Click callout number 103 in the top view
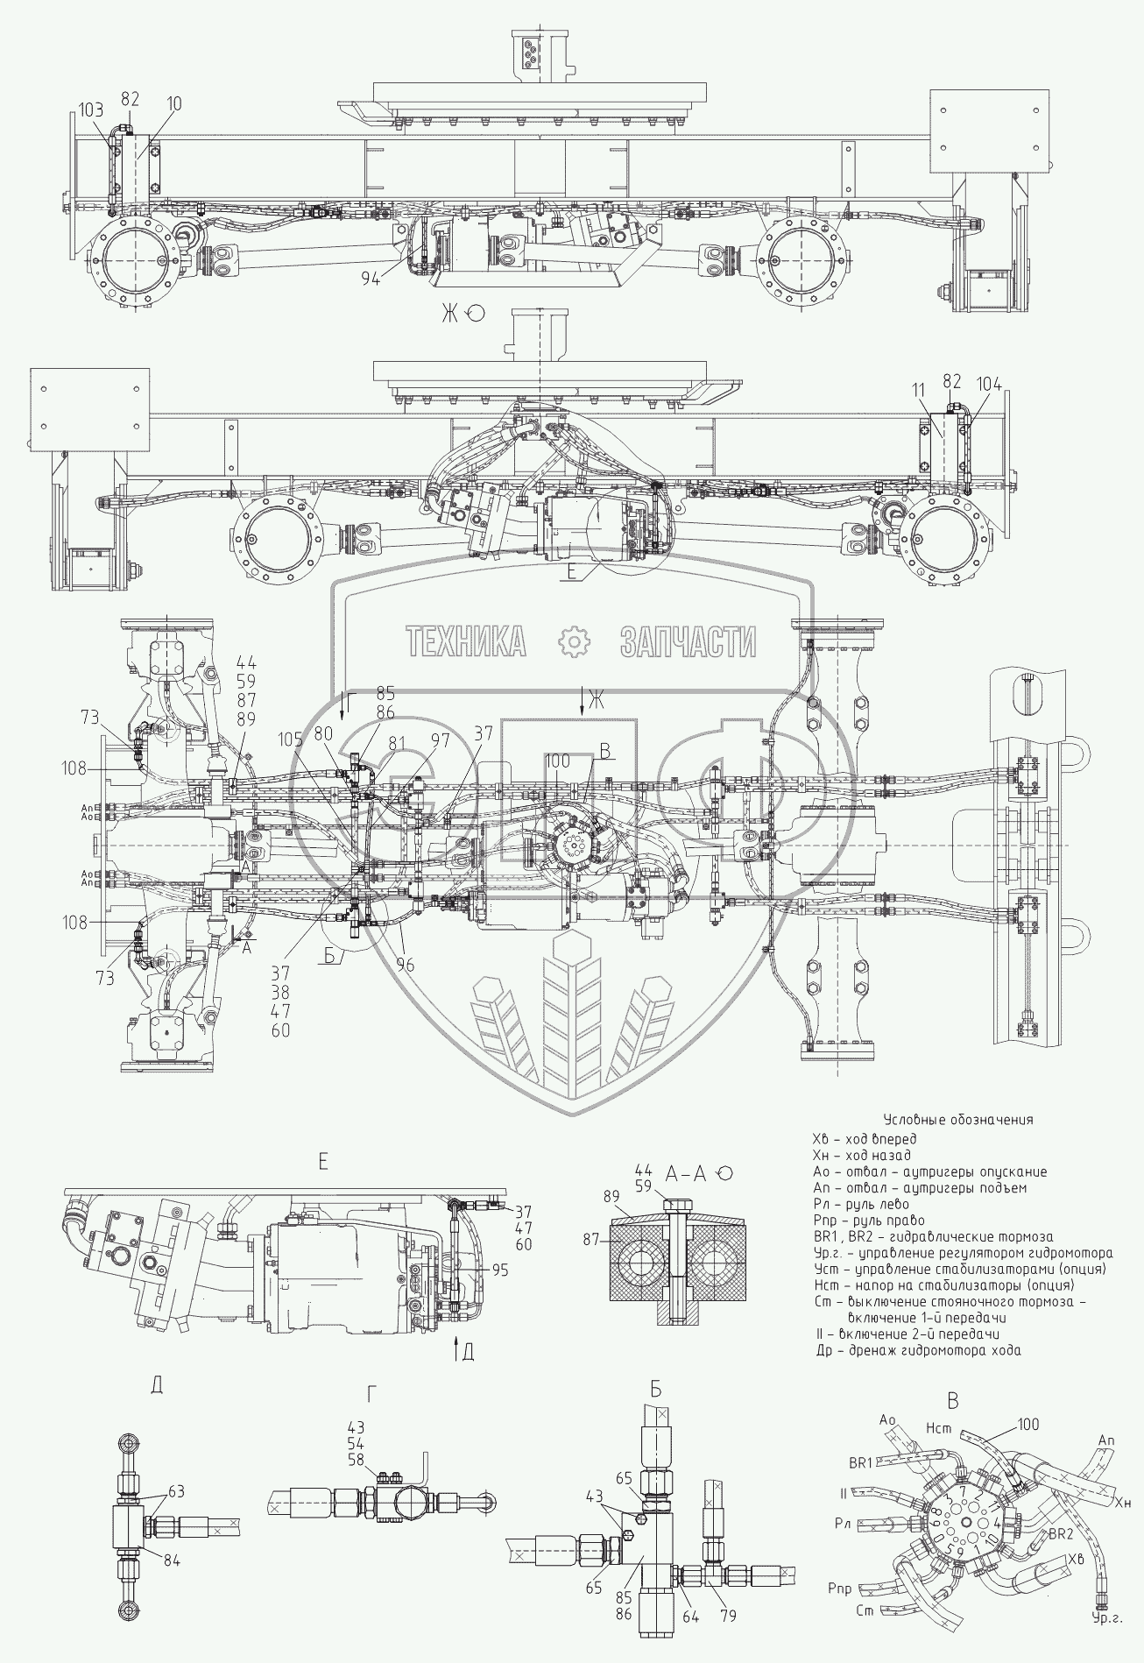pos(91,110)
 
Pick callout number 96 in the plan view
pos(404,965)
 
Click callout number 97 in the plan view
pos(439,740)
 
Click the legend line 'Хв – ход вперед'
pos(865,1139)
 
